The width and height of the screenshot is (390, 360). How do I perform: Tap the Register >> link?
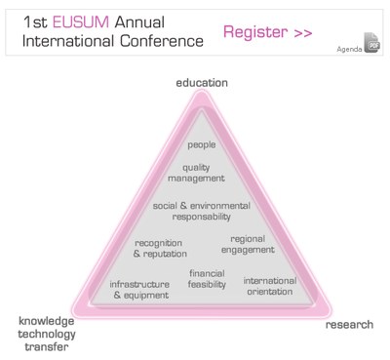[267, 32]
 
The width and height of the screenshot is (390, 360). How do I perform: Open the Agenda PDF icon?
[370, 44]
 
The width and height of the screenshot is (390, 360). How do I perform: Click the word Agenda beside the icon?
[349, 48]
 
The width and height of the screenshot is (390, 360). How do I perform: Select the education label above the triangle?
[202, 83]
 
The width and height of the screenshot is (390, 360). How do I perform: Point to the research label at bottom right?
[349, 324]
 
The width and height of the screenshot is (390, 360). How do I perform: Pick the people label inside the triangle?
[201, 144]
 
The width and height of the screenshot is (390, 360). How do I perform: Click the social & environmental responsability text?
[202, 211]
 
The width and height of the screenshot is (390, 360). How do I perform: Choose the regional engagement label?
[253, 244]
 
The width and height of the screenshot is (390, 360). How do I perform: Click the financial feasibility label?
[207, 278]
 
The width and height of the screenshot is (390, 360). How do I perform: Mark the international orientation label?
[263, 285]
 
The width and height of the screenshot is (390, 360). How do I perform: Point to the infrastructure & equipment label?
[139, 289]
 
